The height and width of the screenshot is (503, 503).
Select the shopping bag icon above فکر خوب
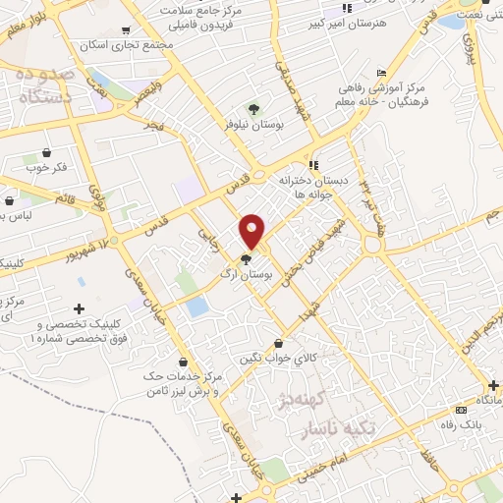click(46, 152)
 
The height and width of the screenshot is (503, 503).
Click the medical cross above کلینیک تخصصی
click(79, 308)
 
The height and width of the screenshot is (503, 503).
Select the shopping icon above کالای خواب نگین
click(282, 344)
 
